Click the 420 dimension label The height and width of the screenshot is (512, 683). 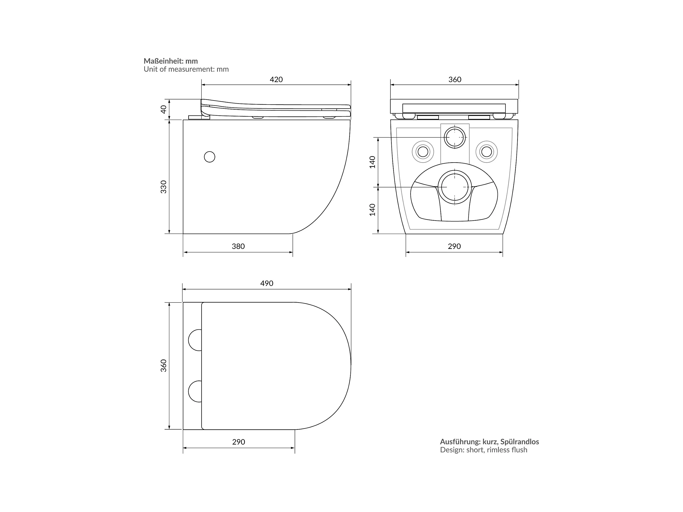[x=276, y=80]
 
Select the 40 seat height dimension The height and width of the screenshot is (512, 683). [x=164, y=109]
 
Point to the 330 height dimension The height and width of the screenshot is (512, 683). [x=164, y=187]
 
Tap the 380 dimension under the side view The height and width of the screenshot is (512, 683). [x=238, y=246]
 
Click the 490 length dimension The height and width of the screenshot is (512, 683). [x=267, y=283]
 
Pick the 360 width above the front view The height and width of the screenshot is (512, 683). [x=455, y=80]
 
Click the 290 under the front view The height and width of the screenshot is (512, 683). [x=454, y=246]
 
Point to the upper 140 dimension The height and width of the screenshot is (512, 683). [x=373, y=162]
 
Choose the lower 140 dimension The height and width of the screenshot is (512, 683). [x=373, y=210]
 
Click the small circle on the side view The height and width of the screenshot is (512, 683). [x=210, y=157]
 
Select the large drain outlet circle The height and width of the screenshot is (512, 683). [x=455, y=187]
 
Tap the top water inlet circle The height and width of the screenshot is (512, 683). [x=455, y=137]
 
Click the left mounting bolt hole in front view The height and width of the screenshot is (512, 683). [x=423, y=152]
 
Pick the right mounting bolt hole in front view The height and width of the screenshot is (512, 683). [x=487, y=152]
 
